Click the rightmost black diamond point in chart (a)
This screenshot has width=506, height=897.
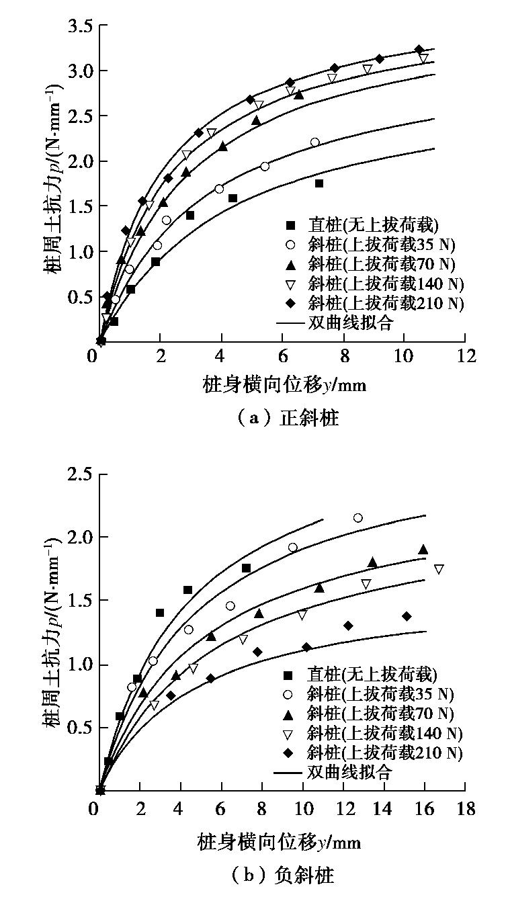pyautogui.click(x=419, y=50)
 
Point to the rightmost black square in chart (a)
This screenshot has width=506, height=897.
pyautogui.click(x=319, y=183)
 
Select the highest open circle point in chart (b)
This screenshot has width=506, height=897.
pyautogui.click(x=358, y=517)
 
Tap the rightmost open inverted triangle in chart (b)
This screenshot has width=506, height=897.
pyautogui.click(x=439, y=569)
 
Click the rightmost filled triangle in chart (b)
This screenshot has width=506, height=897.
pyautogui.click(x=423, y=550)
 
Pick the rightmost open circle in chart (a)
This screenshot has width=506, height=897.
pyautogui.click(x=315, y=142)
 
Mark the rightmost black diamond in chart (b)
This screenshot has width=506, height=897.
pyautogui.click(x=407, y=616)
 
